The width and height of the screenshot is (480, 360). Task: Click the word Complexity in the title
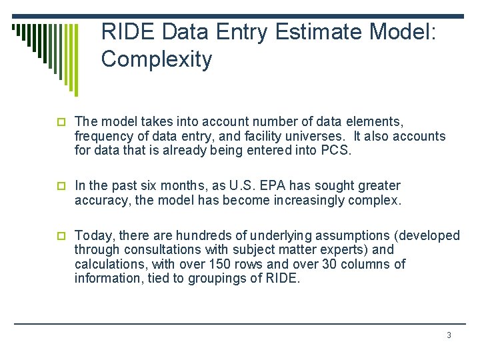click(x=157, y=59)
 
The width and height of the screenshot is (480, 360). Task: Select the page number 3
click(x=449, y=335)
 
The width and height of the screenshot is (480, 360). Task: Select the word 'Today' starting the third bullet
click(x=91, y=235)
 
